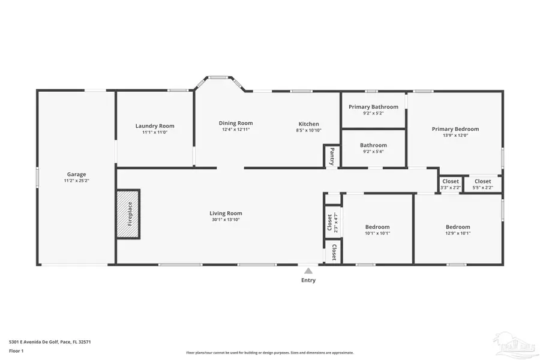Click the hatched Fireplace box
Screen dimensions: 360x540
(x=128, y=214)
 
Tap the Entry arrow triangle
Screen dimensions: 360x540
(x=308, y=271)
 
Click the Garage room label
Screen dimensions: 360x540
(x=76, y=174)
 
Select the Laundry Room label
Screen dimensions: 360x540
(x=155, y=126)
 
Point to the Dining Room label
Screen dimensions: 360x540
(x=235, y=123)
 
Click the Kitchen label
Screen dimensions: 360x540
(x=308, y=124)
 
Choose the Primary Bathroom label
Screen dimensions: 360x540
(x=373, y=107)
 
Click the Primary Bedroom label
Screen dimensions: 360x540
(x=455, y=129)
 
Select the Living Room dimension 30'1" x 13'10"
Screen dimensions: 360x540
(x=226, y=220)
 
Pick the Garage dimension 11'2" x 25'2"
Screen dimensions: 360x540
(x=76, y=181)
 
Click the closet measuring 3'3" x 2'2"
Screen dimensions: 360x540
(x=450, y=184)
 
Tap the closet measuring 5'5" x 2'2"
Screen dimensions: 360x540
(x=482, y=184)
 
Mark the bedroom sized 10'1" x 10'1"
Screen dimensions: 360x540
(x=377, y=230)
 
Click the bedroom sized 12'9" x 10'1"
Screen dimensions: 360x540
(x=458, y=230)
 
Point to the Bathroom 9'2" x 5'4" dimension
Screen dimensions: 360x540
(x=373, y=152)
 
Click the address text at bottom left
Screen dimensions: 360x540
(x=50, y=341)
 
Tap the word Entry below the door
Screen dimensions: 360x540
(x=308, y=280)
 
